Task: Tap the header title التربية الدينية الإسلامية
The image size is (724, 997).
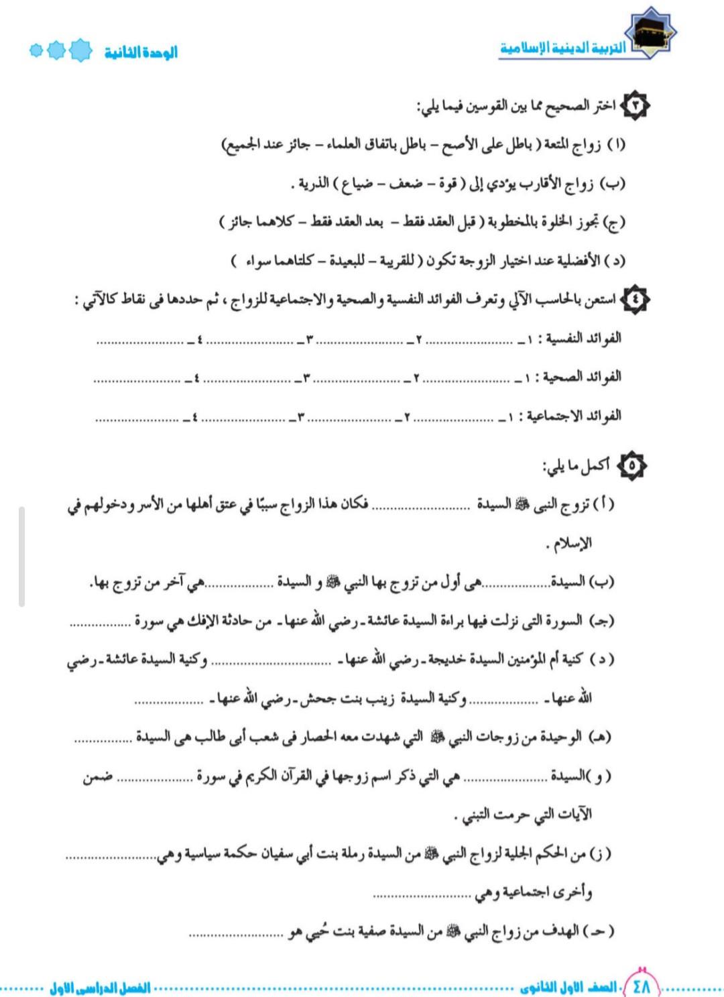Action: pos(563,48)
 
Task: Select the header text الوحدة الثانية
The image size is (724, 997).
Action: pos(141,52)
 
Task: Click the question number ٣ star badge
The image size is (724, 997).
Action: pos(636,105)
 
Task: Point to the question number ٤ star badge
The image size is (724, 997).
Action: pos(636,299)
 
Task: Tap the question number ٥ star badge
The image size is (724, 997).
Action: pos(631,465)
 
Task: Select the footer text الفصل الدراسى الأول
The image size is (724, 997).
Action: pos(101,988)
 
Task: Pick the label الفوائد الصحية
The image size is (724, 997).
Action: pos(582,377)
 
